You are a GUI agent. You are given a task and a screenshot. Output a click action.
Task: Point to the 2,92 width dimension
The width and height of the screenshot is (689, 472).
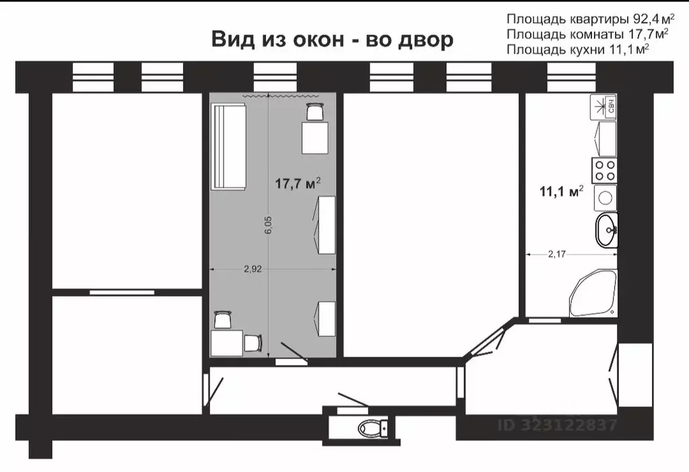(253, 269)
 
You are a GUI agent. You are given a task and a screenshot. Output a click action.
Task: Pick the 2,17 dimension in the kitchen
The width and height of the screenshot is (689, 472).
(558, 254)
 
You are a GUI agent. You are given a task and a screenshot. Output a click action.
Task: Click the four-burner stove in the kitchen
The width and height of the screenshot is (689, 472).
(605, 170)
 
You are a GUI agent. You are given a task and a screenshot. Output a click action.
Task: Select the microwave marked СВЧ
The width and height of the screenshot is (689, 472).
(604, 106)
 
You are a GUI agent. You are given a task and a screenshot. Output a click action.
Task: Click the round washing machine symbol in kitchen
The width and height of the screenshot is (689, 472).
(605, 197)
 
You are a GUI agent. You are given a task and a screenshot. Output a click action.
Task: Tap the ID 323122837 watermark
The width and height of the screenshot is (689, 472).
(557, 425)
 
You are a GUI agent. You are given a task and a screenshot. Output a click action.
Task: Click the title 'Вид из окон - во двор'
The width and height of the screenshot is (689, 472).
(333, 39)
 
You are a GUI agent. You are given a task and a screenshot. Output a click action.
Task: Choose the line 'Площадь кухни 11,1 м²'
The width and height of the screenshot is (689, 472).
(577, 49)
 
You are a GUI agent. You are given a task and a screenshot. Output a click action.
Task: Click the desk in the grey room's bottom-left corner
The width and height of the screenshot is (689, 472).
(226, 343)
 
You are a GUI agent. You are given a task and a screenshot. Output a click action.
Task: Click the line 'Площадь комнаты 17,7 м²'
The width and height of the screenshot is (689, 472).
(587, 34)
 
